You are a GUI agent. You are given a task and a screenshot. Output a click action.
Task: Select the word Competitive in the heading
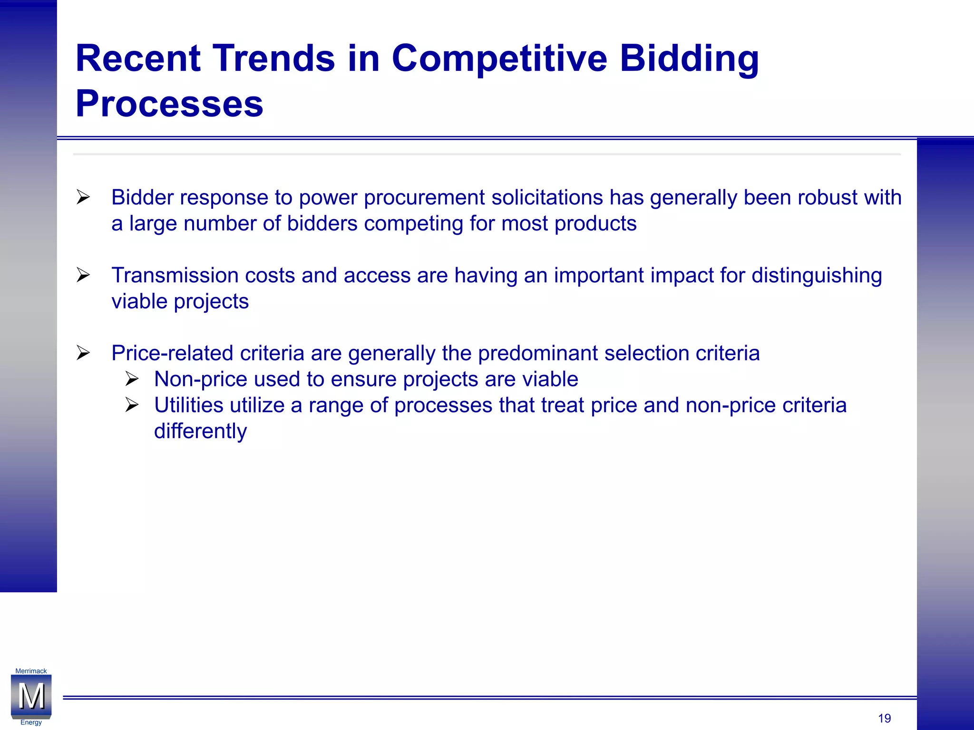[x=499, y=58]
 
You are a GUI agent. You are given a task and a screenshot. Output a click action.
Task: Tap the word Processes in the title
[x=169, y=104]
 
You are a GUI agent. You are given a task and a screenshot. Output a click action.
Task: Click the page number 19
[x=884, y=718]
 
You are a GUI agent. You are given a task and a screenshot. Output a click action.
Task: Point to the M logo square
[x=31, y=696]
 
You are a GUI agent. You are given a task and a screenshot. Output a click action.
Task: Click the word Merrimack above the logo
[x=31, y=671]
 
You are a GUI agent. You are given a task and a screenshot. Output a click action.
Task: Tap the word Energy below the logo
[x=31, y=722]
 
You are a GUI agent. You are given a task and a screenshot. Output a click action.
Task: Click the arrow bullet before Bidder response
[x=83, y=197]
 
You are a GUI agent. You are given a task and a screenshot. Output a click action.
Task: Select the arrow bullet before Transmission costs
[x=83, y=275]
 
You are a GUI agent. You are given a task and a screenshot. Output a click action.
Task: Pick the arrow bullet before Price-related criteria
[x=83, y=353]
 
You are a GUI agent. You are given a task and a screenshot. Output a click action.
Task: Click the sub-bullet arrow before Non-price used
[x=132, y=379]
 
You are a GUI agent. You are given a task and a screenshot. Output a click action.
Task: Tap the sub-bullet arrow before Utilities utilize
[x=132, y=405]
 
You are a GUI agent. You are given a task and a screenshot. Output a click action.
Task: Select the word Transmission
[x=175, y=276]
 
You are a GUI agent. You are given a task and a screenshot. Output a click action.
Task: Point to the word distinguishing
[x=817, y=276]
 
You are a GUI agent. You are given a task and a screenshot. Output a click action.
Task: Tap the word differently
[x=200, y=432]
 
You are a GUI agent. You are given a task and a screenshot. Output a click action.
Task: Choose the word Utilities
[x=189, y=405]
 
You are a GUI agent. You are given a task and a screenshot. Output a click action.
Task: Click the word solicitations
[x=547, y=198]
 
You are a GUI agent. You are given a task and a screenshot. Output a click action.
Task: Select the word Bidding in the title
[x=689, y=58]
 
